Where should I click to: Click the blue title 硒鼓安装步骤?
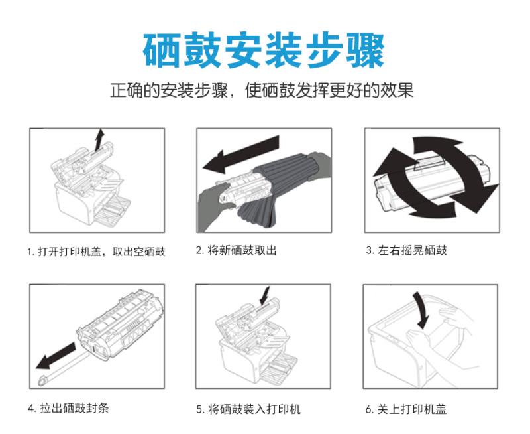(x=264, y=51)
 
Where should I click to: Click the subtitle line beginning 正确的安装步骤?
(x=262, y=90)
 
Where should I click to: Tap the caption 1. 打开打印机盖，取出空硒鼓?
(x=96, y=252)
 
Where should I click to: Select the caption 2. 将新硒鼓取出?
(x=237, y=251)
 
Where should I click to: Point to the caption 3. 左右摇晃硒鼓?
(x=406, y=251)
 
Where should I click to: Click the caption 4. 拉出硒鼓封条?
(x=68, y=408)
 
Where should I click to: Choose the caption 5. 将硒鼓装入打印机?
(x=248, y=409)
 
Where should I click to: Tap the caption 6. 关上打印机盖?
(x=406, y=409)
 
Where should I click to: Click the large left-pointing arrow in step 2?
(x=241, y=154)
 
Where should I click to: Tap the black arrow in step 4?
(x=56, y=356)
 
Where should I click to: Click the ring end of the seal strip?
(x=42, y=381)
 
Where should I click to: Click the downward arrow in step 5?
(x=264, y=296)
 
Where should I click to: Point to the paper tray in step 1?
(x=111, y=210)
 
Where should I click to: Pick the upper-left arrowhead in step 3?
(x=392, y=162)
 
